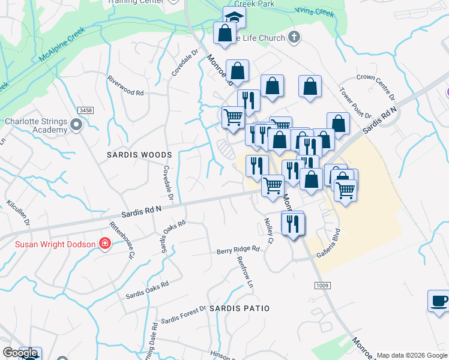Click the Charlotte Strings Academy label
[x=36, y=125]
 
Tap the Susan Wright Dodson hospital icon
[x=105, y=244]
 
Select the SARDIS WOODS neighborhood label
[x=139, y=154]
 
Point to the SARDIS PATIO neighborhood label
[x=240, y=308]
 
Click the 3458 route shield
[x=86, y=110]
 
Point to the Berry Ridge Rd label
[x=238, y=248]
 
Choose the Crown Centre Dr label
[x=376, y=87]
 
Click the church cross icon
[x=294, y=37]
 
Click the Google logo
[x=19, y=353]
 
